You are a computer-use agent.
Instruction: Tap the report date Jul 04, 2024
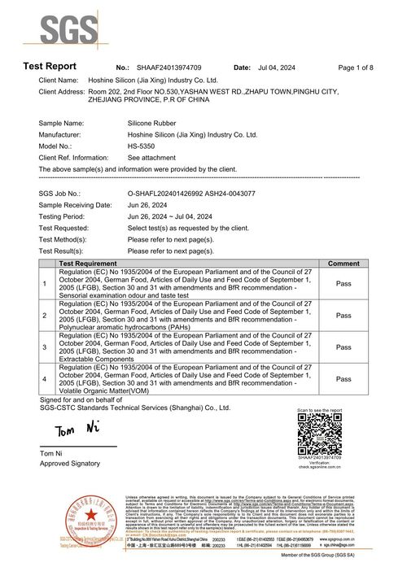pos(278,67)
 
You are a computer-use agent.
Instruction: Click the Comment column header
pos(344,264)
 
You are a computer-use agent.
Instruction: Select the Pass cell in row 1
pos(344,283)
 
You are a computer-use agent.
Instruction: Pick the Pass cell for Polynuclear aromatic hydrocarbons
pos(344,315)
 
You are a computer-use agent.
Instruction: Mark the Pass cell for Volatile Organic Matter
pos(344,379)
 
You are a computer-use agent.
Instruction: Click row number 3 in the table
pos(44,347)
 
